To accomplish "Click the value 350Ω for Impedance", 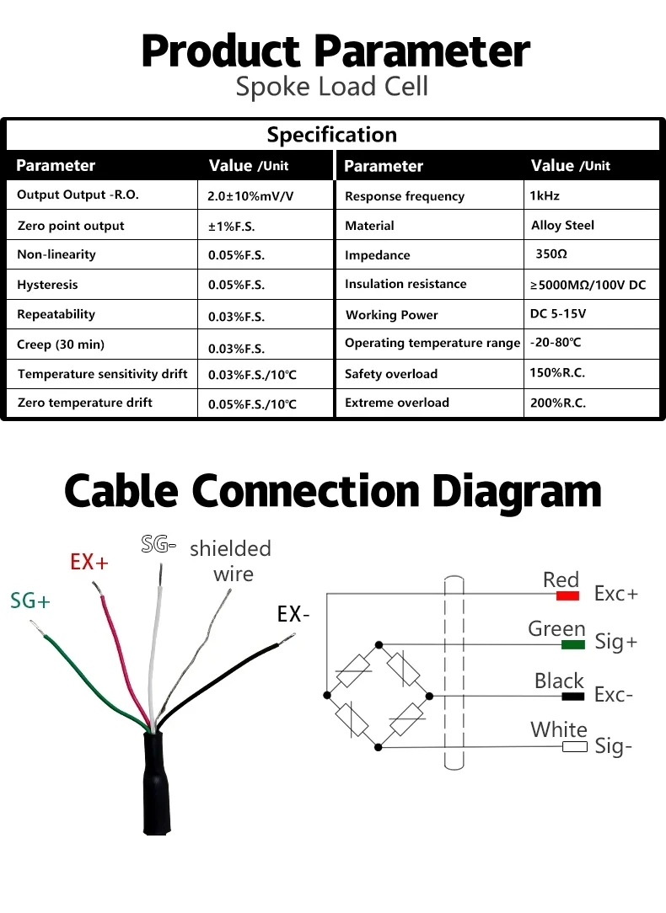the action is (x=551, y=254).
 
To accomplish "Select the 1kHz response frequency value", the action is (x=545, y=195).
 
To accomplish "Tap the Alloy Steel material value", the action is (x=562, y=226).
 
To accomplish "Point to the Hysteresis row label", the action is (x=47, y=285).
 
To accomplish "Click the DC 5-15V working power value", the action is (x=558, y=314).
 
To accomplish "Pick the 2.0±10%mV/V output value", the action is (x=250, y=196).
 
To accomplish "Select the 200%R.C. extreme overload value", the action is (x=557, y=403).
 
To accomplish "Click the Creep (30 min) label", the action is (x=61, y=344).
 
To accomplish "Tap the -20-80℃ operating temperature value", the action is (x=556, y=342).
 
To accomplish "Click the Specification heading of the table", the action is (x=332, y=135).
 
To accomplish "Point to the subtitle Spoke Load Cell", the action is (x=332, y=86).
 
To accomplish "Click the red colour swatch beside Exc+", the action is (x=567, y=595).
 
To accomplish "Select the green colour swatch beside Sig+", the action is (x=572, y=644).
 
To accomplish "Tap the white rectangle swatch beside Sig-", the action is (x=574, y=747).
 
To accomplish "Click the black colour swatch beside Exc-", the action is (x=572, y=697).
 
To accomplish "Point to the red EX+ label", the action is (x=89, y=562).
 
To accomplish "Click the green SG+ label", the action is (x=30, y=601).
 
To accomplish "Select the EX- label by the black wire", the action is (x=293, y=614).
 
